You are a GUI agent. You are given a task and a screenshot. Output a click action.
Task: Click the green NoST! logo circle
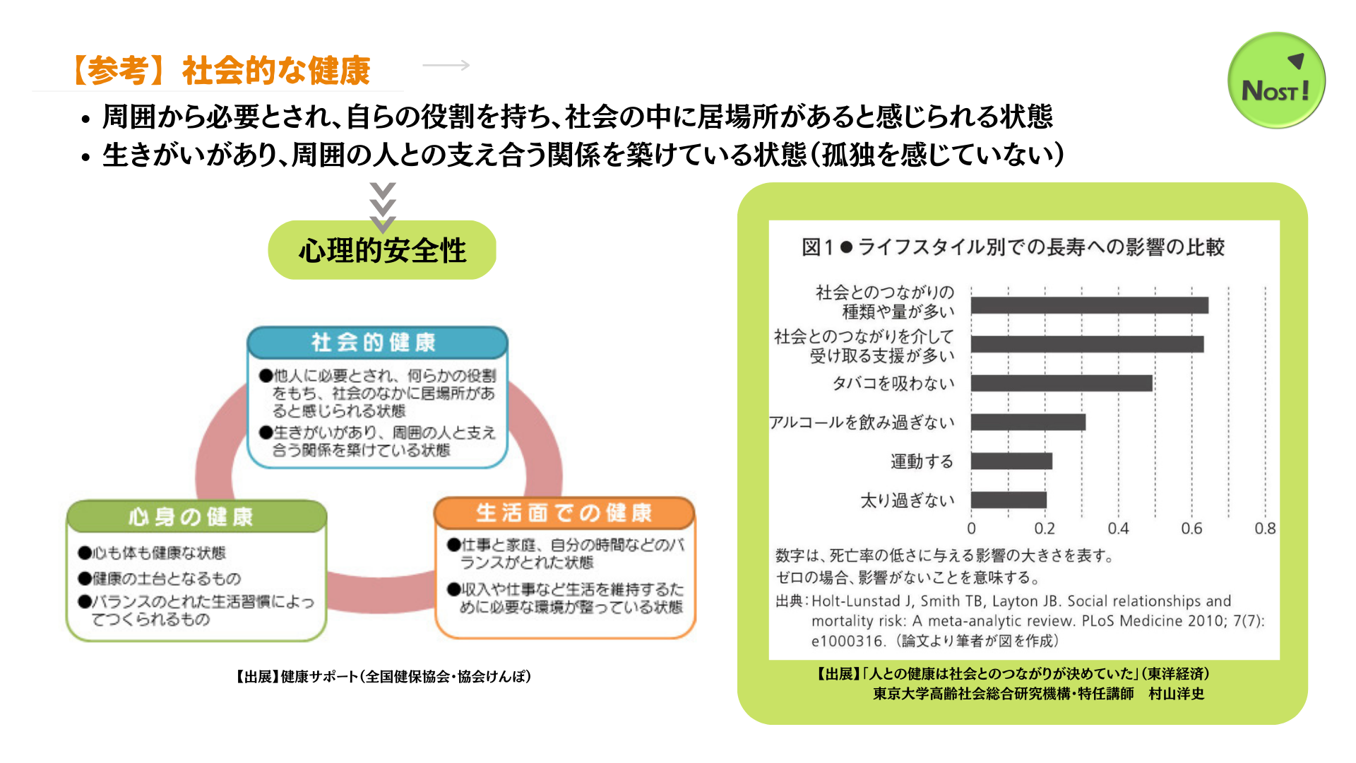click(1276, 80)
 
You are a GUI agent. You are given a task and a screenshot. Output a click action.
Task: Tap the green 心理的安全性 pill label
click(382, 250)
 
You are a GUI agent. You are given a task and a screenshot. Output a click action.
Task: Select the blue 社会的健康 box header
click(377, 342)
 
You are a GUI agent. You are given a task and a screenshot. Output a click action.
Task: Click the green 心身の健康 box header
click(196, 516)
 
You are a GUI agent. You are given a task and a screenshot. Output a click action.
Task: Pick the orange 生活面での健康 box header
click(564, 513)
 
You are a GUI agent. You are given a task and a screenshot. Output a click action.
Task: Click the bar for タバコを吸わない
click(1061, 383)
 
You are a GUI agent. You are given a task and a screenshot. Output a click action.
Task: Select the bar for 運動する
click(1011, 461)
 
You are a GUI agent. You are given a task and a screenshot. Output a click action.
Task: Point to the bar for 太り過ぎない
click(1009, 500)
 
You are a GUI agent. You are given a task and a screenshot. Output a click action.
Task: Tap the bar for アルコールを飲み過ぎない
click(1028, 422)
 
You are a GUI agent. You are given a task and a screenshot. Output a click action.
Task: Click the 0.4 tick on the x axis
click(1118, 528)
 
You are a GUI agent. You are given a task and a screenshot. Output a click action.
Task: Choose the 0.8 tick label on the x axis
click(1265, 528)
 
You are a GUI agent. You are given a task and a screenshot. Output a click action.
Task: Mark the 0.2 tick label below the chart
click(1045, 528)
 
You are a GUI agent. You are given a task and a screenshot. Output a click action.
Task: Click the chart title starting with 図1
click(1013, 247)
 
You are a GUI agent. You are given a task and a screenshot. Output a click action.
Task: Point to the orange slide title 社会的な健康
click(276, 71)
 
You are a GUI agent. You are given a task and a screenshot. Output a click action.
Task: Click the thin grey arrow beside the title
click(446, 65)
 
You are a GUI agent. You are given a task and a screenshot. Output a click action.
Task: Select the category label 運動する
click(922, 461)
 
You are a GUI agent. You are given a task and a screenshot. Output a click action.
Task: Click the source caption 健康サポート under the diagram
click(383, 677)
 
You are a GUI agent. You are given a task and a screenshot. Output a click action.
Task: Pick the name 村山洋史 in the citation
click(1176, 694)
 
